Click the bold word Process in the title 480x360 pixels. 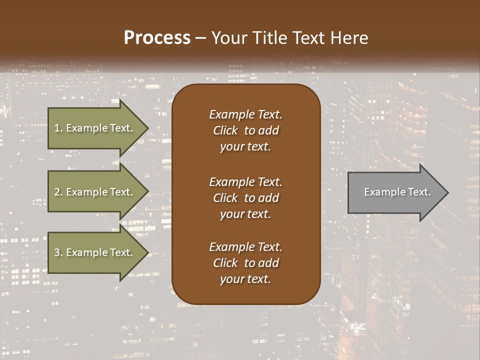pos(157,38)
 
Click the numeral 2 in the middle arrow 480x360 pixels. pos(57,192)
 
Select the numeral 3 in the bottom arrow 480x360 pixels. pos(57,252)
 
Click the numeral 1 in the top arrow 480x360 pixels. pos(56,128)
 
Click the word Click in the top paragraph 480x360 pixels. pos(225,130)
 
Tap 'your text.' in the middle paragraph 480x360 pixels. pos(245,214)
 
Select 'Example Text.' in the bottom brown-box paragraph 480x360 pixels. pos(245,247)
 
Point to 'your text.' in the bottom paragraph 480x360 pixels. pos(245,279)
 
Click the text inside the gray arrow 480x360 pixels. pos(397,192)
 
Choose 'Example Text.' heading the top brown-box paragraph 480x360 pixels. pos(245,114)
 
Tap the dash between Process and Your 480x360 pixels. pos(201,38)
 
